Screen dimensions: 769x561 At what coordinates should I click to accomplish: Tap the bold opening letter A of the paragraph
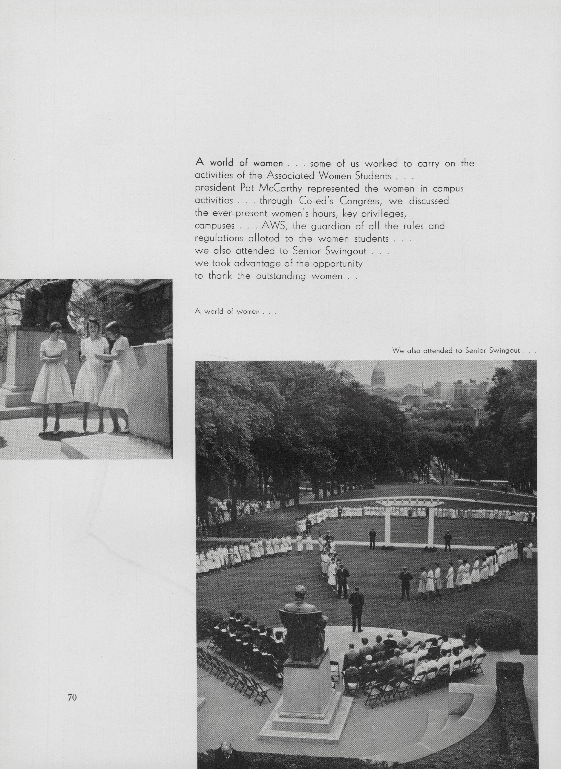pyautogui.click(x=199, y=163)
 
